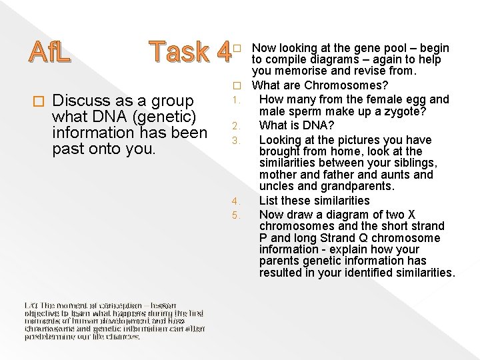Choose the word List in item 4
(x=268, y=200)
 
